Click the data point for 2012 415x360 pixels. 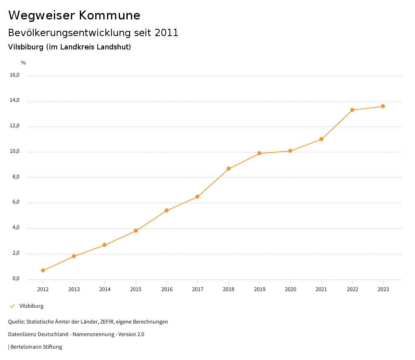(x=43, y=270)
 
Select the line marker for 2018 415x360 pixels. (x=229, y=169)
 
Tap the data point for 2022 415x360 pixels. (x=352, y=110)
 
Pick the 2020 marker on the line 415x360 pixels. (x=290, y=151)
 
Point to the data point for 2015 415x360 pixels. (x=136, y=231)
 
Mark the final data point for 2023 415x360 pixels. (x=383, y=106)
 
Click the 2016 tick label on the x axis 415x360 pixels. (x=167, y=289)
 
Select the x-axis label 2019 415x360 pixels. (x=259, y=289)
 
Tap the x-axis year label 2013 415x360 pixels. (x=74, y=289)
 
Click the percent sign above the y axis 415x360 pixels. (x=24, y=63)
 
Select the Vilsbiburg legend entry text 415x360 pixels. (x=31, y=306)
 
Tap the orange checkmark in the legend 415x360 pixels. (x=12, y=306)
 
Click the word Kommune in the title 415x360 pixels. (x=109, y=15)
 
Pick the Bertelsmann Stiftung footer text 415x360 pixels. (x=36, y=347)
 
